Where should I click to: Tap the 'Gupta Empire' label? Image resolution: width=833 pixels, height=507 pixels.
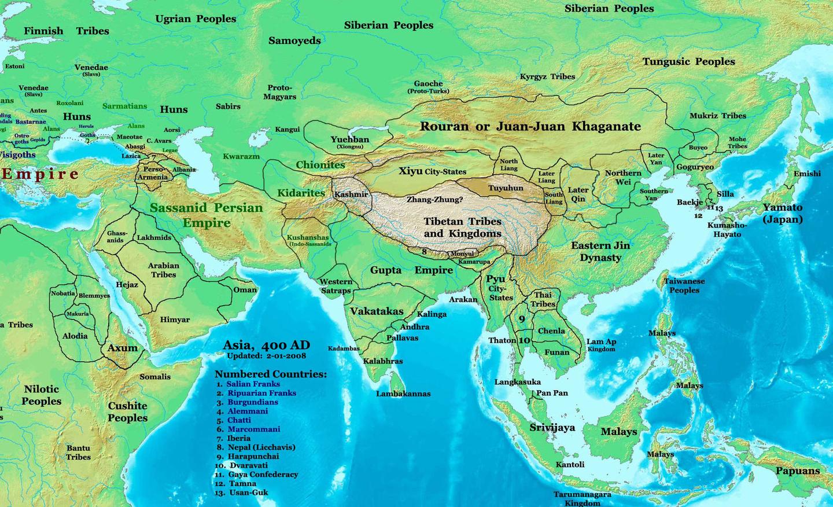(411, 270)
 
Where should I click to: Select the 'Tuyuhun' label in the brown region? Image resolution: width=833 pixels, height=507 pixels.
(506, 188)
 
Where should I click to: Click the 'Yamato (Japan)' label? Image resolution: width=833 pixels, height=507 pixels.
(782, 213)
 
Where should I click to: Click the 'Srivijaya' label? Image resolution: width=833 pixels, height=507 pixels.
(552, 427)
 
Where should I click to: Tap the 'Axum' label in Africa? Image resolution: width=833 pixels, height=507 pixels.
(123, 348)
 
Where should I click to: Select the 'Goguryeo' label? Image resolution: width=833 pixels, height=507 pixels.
(695, 167)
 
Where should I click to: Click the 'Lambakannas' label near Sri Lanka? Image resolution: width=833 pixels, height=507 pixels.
(403, 394)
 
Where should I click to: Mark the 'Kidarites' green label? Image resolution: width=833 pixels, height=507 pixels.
(301, 193)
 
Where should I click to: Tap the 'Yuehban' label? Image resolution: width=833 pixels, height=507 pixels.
(349, 139)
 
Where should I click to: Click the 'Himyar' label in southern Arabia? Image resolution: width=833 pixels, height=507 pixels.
(174, 319)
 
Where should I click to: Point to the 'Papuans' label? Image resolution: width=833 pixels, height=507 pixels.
(798, 471)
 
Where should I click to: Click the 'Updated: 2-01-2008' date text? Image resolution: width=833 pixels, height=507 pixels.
(267, 356)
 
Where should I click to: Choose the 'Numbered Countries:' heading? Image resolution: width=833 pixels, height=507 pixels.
(271, 374)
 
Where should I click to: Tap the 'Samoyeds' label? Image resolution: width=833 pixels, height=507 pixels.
(294, 41)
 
